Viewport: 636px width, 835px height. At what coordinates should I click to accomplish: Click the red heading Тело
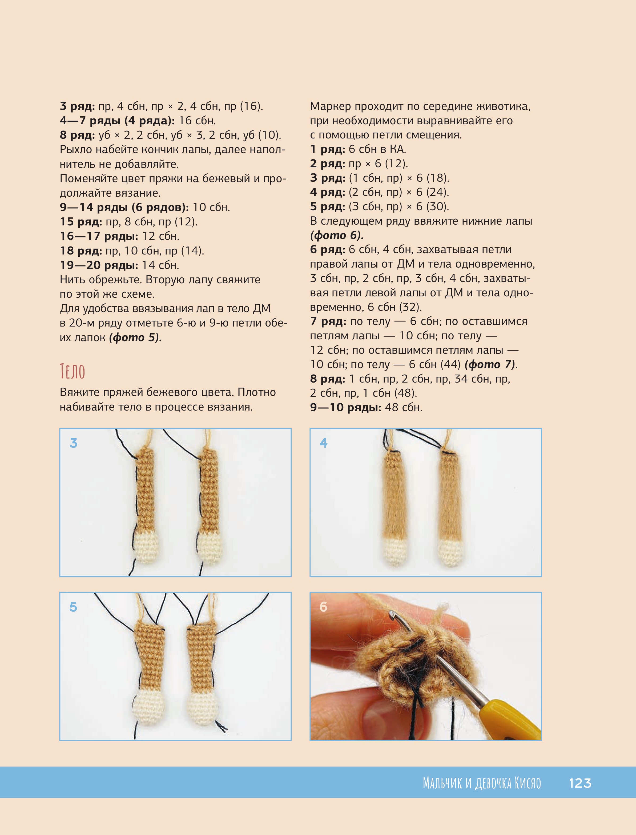(x=72, y=371)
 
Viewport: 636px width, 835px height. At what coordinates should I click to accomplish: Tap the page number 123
(x=580, y=783)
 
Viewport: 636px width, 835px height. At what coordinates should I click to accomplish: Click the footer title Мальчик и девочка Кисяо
(x=482, y=783)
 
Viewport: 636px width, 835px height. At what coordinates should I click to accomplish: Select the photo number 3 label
(x=74, y=443)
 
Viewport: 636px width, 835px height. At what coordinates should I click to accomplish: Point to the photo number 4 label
(x=324, y=443)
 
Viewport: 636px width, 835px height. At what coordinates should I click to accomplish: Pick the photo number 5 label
(x=74, y=607)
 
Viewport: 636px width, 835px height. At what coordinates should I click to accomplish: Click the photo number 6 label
(x=323, y=607)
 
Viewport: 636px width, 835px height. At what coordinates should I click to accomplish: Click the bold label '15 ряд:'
(x=81, y=222)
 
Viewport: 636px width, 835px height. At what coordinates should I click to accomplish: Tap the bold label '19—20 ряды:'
(x=99, y=265)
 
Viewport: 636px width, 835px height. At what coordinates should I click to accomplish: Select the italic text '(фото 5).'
(x=135, y=337)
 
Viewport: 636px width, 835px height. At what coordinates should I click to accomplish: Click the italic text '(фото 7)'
(x=490, y=364)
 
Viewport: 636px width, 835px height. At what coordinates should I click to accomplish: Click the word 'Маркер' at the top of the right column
(x=331, y=106)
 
